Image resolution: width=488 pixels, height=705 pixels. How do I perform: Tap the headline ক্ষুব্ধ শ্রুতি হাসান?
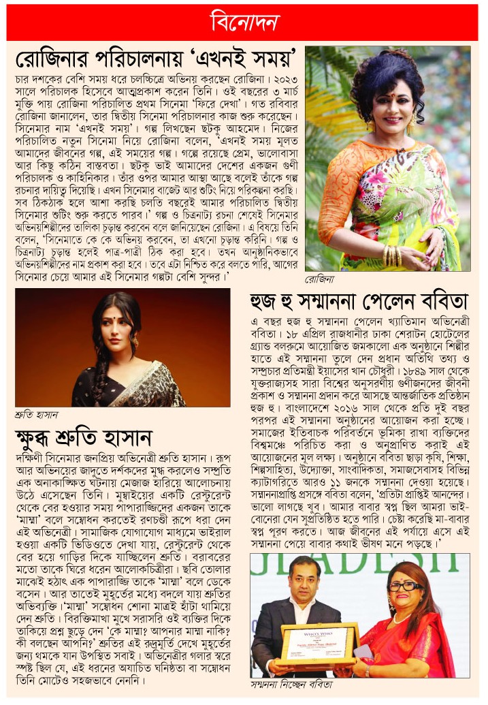[x=83, y=437]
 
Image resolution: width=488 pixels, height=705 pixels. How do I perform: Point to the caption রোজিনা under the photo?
[x=320, y=279]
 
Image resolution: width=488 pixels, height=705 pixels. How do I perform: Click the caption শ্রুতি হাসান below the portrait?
[x=36, y=413]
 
